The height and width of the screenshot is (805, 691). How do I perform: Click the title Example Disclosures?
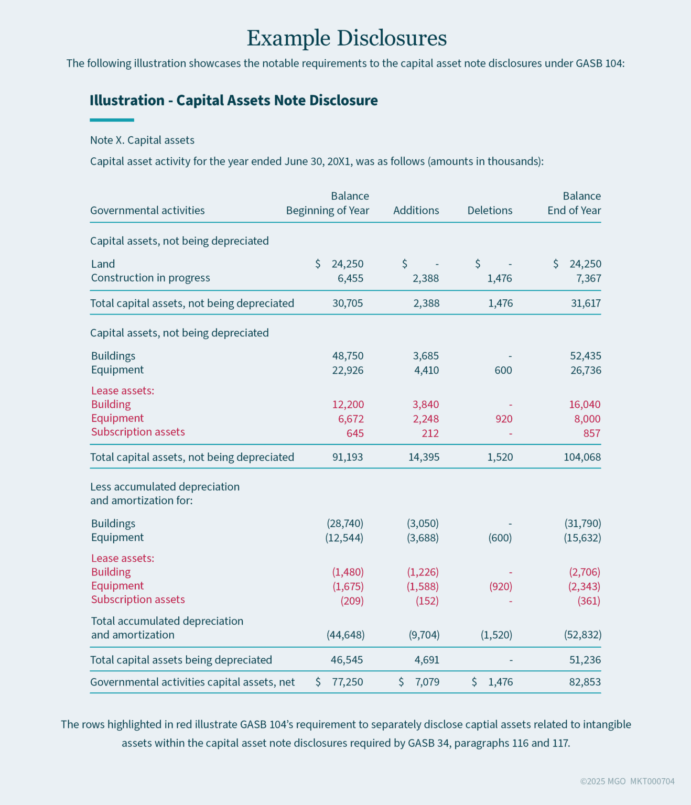coord(347,38)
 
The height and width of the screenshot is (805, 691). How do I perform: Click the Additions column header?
coord(416,211)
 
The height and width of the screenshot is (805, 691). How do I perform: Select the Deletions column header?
coord(490,211)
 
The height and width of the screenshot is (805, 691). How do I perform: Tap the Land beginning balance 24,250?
coord(347,264)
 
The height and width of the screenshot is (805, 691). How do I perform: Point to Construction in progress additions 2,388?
coord(425,278)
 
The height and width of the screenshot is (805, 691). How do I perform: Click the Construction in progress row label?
coord(150,278)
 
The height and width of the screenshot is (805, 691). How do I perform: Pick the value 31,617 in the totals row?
coord(586,303)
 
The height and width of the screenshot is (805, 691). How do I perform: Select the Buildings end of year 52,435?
coord(585,356)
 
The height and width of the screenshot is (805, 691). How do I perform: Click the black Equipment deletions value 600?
coord(503,371)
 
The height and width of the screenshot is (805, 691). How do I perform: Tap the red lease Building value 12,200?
coord(348,405)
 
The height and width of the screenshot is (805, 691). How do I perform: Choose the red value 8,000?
coord(587,419)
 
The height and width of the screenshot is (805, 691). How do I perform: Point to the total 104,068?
coord(582,457)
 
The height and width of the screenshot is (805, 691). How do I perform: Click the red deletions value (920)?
coord(500,586)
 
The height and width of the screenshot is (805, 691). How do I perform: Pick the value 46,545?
coord(347,660)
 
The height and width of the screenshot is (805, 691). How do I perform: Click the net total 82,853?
coord(585,682)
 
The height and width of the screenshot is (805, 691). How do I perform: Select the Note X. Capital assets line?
coord(142,140)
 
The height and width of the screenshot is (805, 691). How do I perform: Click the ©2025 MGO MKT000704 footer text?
coord(627,781)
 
